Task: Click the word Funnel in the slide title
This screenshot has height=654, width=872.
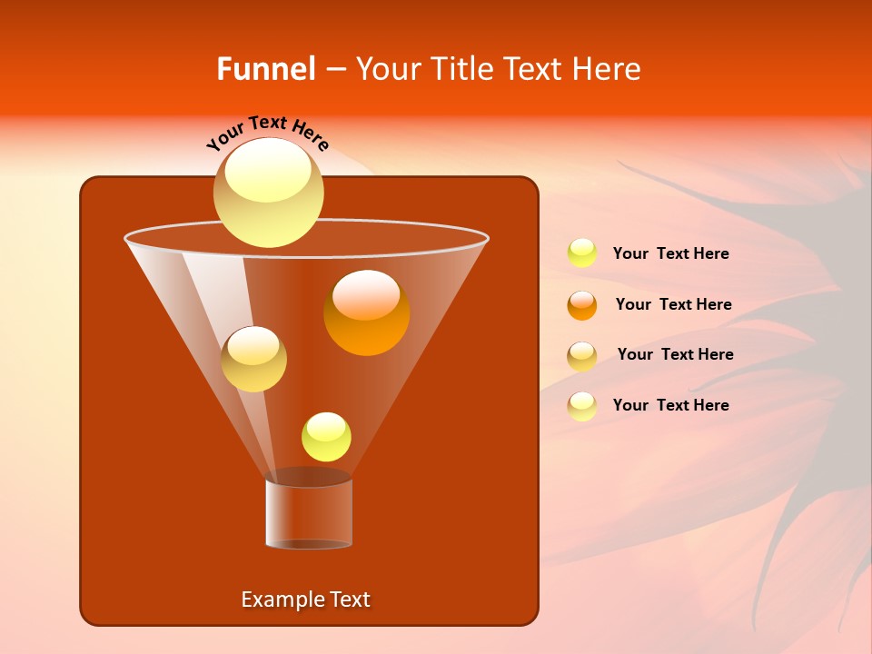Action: [x=266, y=69]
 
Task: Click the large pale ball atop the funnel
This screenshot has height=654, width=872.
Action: [x=269, y=193]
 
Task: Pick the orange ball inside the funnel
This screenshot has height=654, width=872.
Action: [x=367, y=312]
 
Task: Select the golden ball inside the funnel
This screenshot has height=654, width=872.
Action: [x=253, y=359]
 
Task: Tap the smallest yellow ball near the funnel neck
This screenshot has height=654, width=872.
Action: [x=326, y=437]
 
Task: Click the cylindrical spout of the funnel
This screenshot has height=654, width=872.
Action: [x=309, y=513]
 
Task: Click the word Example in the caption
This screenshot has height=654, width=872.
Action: [x=280, y=599]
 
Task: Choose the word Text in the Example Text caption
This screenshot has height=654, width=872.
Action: [x=349, y=599]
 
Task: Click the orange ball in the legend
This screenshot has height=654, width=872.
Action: [x=581, y=305]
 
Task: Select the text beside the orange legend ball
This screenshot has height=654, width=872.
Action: [x=673, y=304]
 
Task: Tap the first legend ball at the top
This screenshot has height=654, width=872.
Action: [x=581, y=253]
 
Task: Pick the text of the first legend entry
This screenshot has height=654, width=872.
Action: [x=670, y=253]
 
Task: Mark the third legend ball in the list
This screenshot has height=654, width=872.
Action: [x=581, y=356]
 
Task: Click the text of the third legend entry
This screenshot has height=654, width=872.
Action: [x=675, y=354]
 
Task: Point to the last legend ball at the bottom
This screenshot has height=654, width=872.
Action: [x=581, y=406]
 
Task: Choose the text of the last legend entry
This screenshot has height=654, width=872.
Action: [x=670, y=405]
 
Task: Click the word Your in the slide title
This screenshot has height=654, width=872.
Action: [x=389, y=69]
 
